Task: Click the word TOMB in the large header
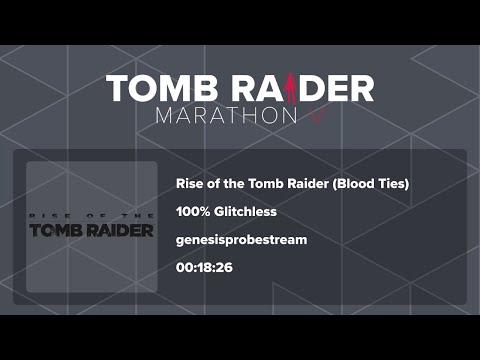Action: pyautogui.click(x=155, y=87)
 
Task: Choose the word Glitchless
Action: pyautogui.click(x=245, y=212)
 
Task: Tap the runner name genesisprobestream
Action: pyautogui.click(x=239, y=241)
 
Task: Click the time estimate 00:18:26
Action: pyautogui.click(x=204, y=269)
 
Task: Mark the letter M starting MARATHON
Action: pyautogui.click(x=165, y=115)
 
